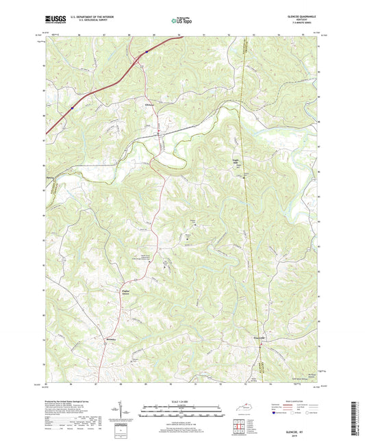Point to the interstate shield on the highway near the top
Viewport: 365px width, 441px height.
point(146,51)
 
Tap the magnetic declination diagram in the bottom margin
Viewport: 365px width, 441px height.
point(123,413)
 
